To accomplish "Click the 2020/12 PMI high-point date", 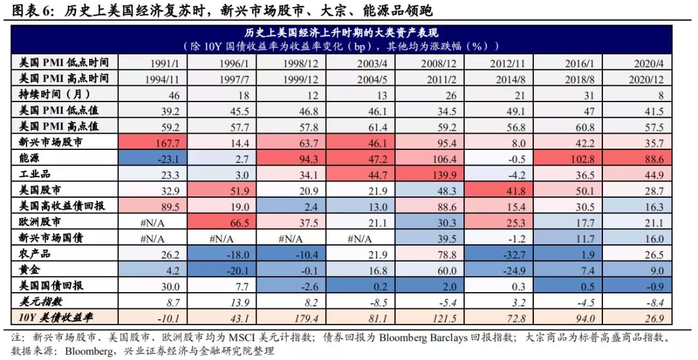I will pyautogui.click(x=647, y=79).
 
